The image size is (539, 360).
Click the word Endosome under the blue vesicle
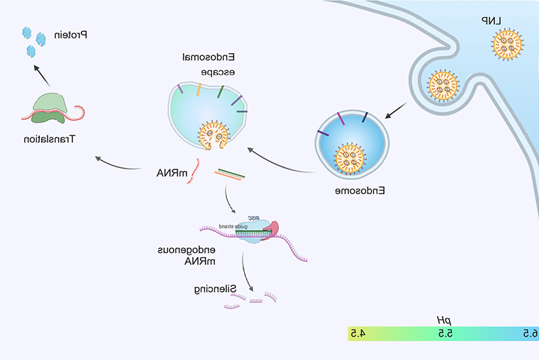(x=354, y=191)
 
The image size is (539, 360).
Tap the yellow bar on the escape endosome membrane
(x=199, y=89)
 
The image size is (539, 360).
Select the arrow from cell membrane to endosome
(x=396, y=110)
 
